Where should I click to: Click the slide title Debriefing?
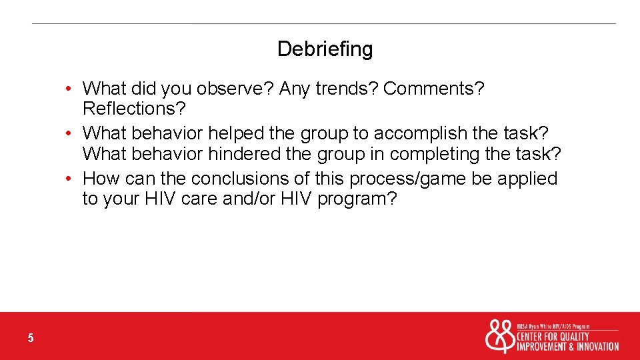(325, 49)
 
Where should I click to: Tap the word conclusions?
(238, 179)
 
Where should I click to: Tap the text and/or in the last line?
(251, 199)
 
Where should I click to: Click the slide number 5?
(31, 339)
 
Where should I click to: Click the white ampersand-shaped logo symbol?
(499, 337)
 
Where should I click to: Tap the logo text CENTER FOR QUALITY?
(553, 337)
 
